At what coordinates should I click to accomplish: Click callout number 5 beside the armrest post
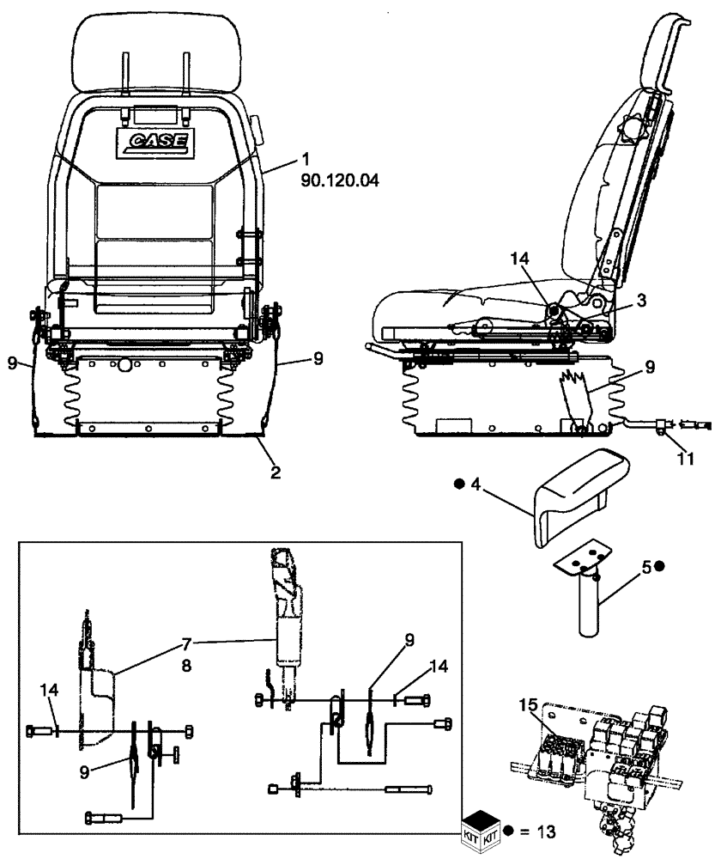pos(644,566)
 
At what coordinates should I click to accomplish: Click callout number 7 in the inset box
pos(188,643)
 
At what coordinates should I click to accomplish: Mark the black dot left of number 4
pos(459,484)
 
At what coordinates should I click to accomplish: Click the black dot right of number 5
pos(659,566)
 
